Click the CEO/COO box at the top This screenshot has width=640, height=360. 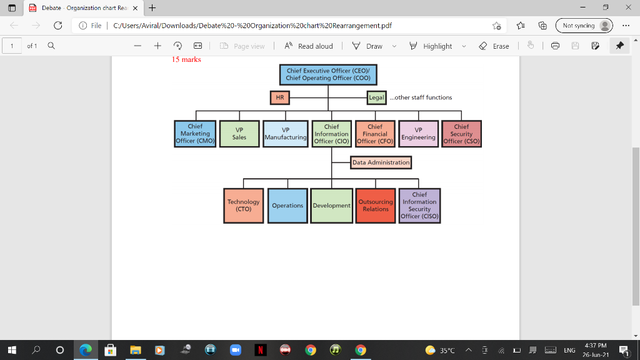(x=328, y=74)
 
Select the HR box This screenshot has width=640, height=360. (x=279, y=97)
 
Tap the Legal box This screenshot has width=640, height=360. (x=376, y=97)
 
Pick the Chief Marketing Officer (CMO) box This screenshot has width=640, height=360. (x=196, y=134)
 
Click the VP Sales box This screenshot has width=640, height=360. (x=239, y=134)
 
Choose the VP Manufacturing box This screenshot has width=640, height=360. (x=286, y=134)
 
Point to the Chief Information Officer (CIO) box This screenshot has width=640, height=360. (x=331, y=134)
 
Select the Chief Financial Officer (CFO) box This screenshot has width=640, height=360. (x=375, y=134)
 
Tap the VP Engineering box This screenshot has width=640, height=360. (x=418, y=134)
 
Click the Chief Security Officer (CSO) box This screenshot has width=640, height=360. (x=461, y=134)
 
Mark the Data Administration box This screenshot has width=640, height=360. (x=381, y=162)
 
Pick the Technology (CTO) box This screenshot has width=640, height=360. (x=243, y=206)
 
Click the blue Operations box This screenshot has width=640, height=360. (x=287, y=206)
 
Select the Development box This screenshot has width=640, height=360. (x=331, y=206)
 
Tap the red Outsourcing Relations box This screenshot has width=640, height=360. (x=376, y=206)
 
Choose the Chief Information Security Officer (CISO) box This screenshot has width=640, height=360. (x=419, y=206)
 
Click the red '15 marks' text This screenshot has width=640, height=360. (x=186, y=59)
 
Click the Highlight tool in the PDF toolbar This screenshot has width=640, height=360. (x=437, y=46)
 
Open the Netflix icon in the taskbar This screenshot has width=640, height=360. (x=259, y=350)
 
